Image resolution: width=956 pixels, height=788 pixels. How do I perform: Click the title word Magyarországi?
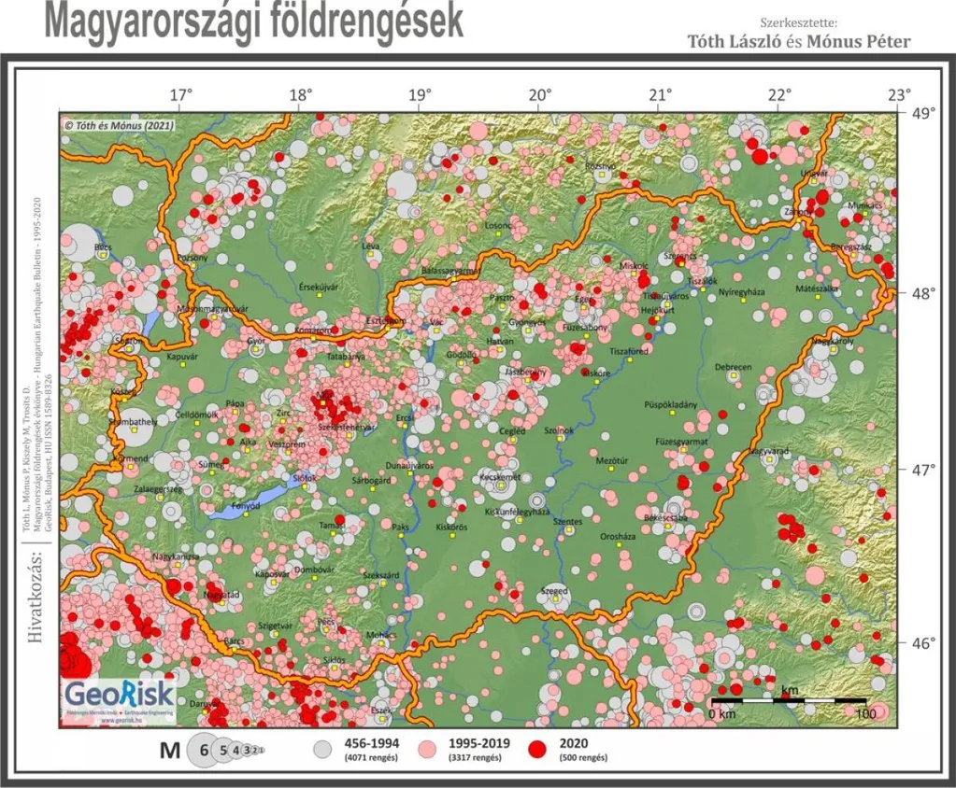(157, 21)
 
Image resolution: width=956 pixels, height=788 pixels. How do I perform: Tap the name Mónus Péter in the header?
(859, 41)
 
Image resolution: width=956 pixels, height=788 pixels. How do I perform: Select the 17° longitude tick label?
(180, 94)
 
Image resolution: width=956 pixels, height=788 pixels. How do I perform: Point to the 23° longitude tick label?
(899, 94)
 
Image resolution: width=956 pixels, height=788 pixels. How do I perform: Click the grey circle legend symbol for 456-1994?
(322, 750)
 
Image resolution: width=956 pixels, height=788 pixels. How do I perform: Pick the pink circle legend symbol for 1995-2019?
(429, 750)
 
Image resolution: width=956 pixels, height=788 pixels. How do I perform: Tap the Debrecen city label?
(733, 367)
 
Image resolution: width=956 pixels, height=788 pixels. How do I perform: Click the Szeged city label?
(555, 591)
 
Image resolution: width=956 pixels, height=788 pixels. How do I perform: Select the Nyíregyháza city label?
(741, 292)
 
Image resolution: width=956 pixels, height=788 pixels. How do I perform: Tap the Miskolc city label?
(634, 266)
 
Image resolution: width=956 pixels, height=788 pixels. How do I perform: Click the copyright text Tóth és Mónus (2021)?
(117, 124)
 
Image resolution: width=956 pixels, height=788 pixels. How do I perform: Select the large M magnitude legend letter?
(170, 750)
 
